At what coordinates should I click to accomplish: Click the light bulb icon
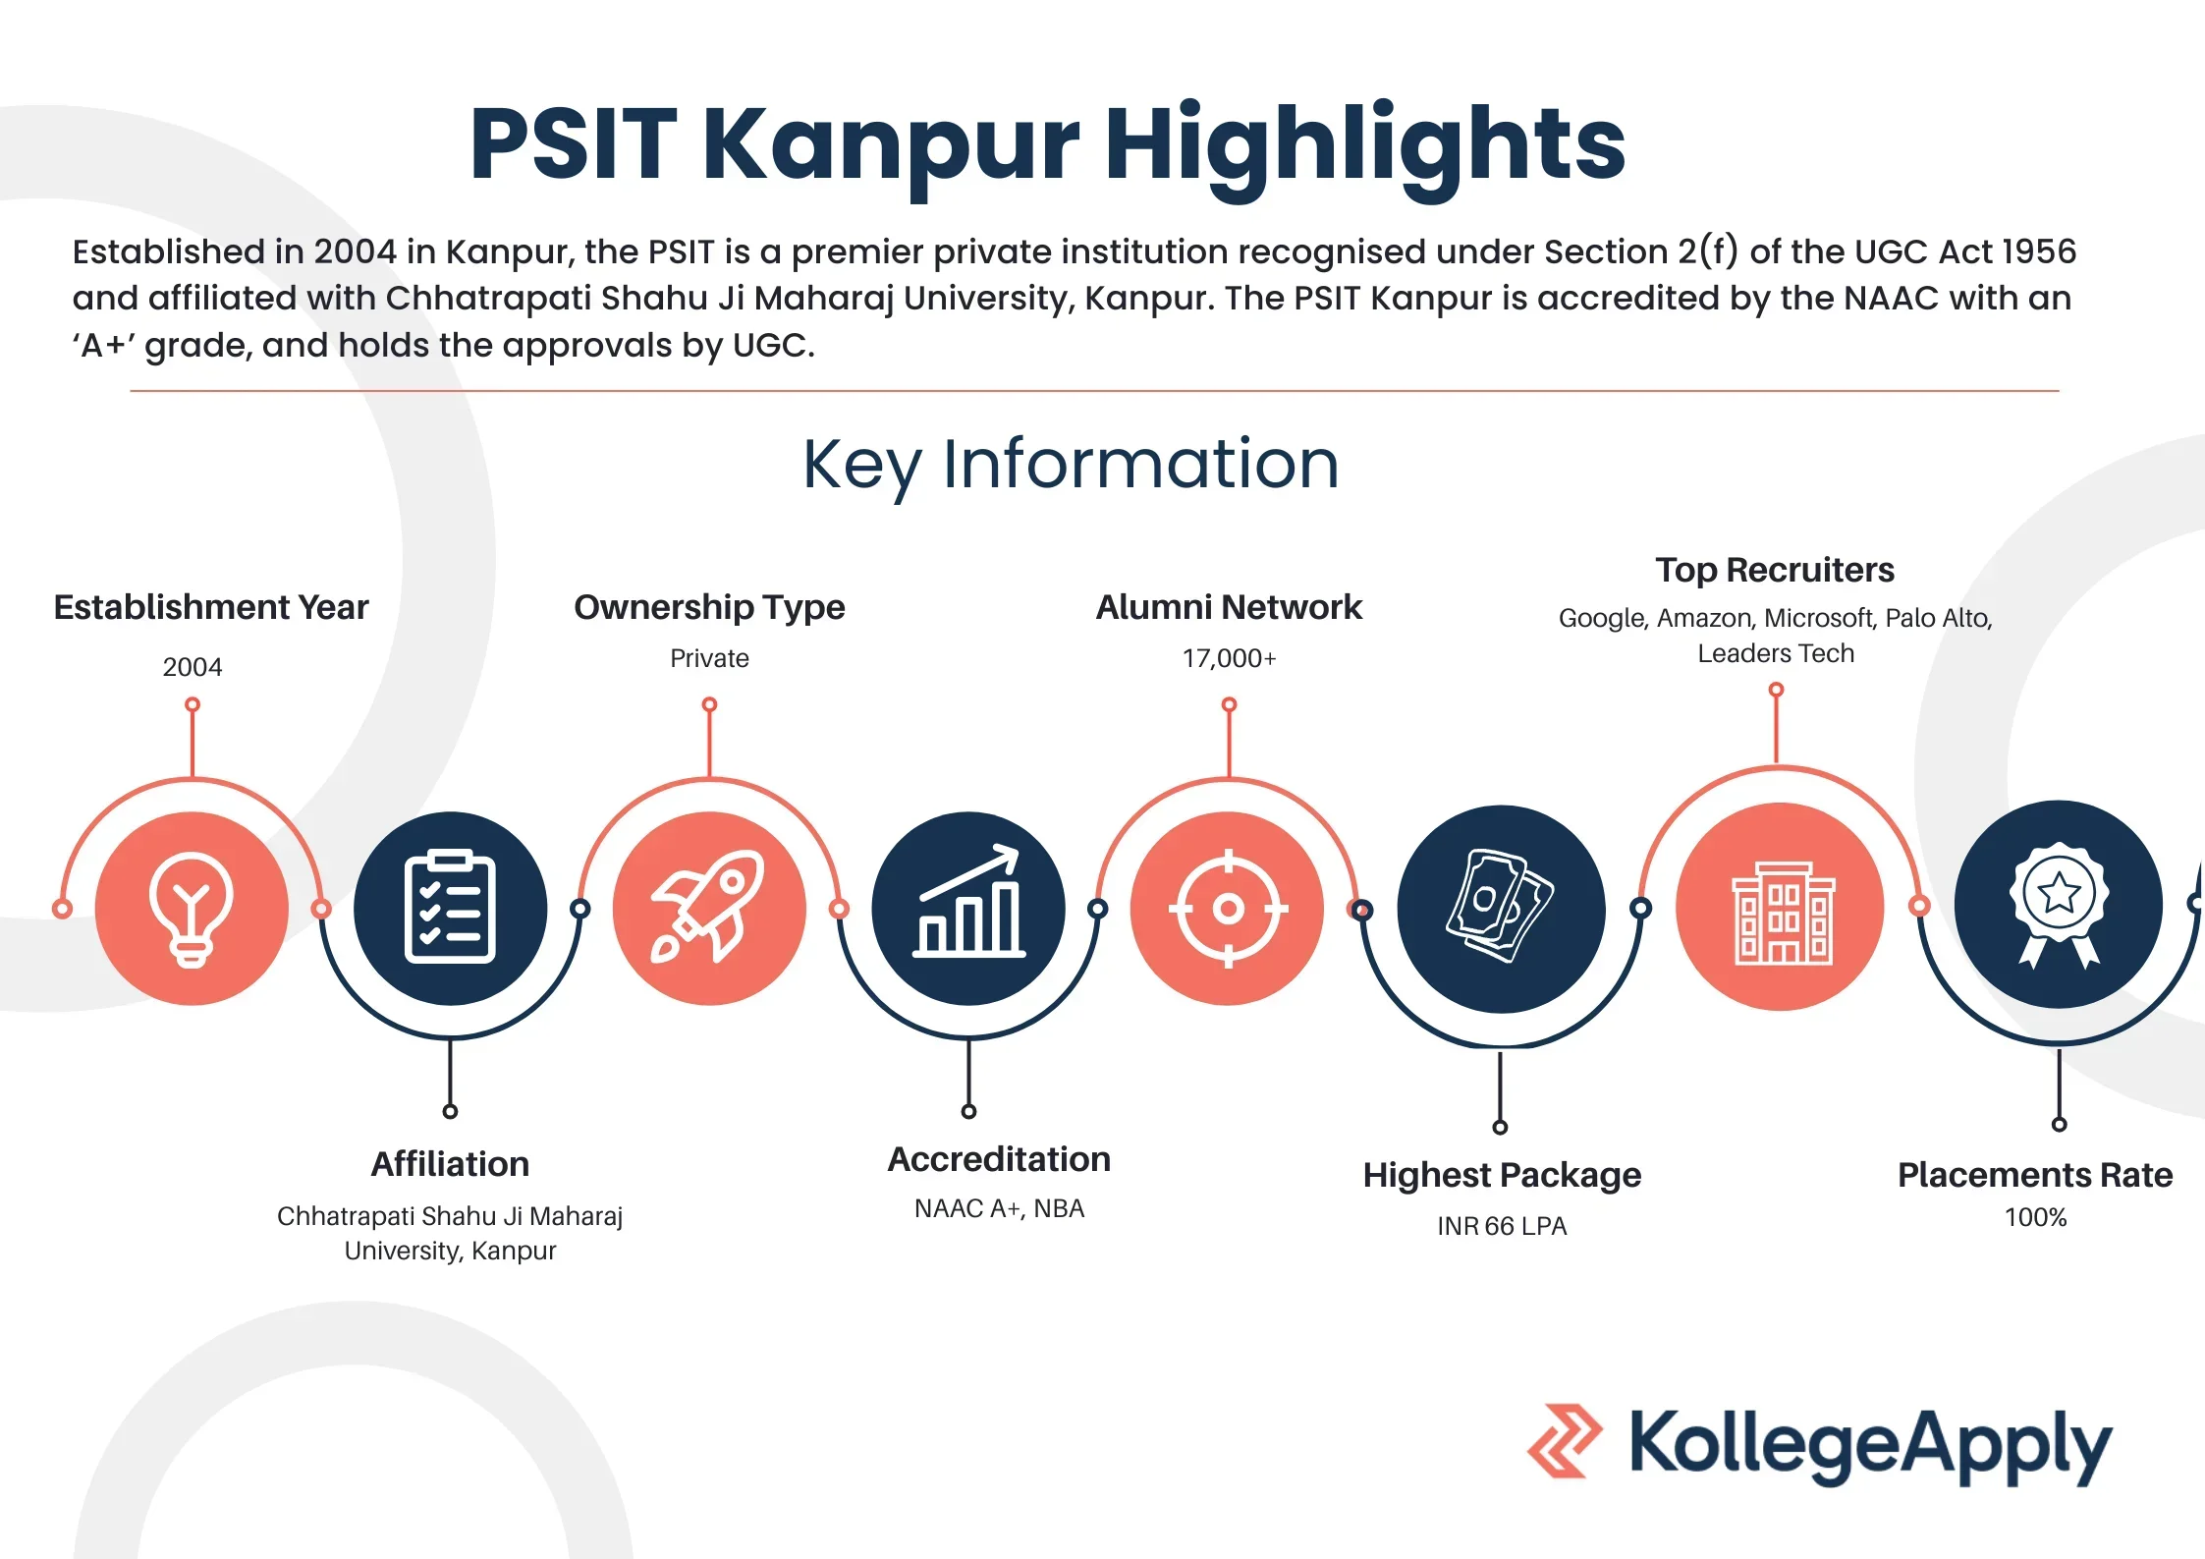click(x=192, y=910)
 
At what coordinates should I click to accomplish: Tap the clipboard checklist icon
click(x=450, y=907)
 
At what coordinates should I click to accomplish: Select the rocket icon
click(x=708, y=907)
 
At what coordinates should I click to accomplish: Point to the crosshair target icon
click(x=1228, y=909)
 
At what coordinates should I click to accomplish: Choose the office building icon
click(x=1781, y=914)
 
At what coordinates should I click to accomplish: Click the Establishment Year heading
click(x=211, y=607)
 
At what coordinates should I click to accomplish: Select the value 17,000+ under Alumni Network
click(x=1229, y=658)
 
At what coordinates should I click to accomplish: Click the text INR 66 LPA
click(x=1502, y=1226)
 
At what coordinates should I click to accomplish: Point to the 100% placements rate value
click(x=2035, y=1217)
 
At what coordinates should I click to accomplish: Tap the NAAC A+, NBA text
click(x=999, y=1208)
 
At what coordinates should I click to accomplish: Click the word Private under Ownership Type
click(x=709, y=658)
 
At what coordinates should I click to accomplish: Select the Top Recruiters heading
click(x=1775, y=570)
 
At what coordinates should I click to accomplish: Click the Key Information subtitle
click(x=1071, y=465)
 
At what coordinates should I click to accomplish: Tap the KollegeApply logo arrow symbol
click(x=1564, y=1440)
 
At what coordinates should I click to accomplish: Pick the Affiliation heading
click(x=450, y=1164)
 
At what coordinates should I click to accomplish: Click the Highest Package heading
click(x=1502, y=1176)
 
